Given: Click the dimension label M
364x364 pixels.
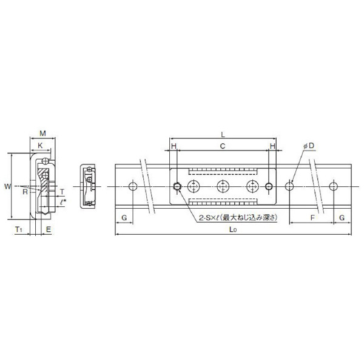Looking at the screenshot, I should (x=42, y=133).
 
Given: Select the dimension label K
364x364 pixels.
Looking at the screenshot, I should (x=40, y=146).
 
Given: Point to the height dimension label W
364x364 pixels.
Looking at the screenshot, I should (x=7, y=186).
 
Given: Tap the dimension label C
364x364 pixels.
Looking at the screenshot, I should (x=223, y=146).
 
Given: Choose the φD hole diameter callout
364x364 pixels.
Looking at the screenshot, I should (x=308, y=146).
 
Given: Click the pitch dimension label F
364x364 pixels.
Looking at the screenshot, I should (x=312, y=217).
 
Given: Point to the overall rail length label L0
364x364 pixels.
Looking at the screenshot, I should (x=233, y=230).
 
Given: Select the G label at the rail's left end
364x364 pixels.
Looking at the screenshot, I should (x=124, y=217).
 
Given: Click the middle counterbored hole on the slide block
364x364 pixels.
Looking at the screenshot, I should (x=223, y=186).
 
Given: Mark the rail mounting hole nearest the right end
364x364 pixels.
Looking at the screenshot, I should (x=332, y=186).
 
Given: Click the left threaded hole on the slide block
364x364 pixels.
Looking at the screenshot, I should (x=177, y=186).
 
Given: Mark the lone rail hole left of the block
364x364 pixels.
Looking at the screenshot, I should (x=133, y=186).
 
